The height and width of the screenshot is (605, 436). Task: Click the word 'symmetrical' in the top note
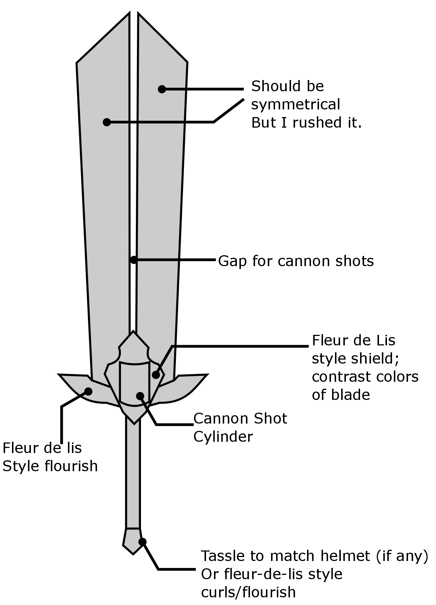[295, 105]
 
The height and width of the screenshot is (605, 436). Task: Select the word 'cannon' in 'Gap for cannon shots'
[296, 261]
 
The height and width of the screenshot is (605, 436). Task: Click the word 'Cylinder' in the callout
[223, 437]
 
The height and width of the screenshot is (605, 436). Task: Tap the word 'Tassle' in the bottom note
[222, 556]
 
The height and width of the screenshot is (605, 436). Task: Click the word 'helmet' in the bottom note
[346, 556]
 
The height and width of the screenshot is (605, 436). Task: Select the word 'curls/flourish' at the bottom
[248, 592]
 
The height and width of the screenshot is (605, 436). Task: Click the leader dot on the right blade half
[162, 89]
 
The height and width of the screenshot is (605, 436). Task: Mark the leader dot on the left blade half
[106, 122]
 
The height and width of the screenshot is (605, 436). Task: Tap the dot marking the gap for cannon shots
[134, 260]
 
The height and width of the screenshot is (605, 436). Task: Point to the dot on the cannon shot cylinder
[140, 396]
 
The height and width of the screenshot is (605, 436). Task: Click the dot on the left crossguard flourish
[88, 391]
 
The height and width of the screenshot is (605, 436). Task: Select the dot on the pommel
[142, 542]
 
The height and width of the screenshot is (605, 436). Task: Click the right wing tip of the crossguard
[205, 375]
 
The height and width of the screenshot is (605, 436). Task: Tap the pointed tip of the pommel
[133, 553]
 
